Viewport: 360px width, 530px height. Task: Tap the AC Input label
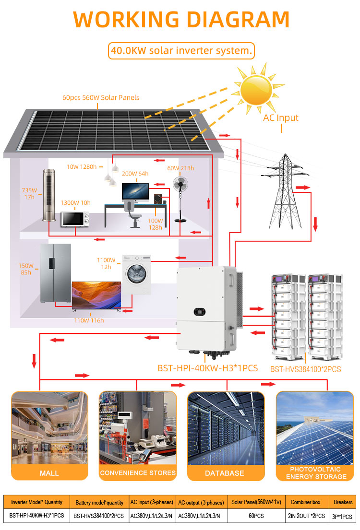pyautogui.click(x=280, y=118)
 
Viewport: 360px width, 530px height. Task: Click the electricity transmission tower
pyautogui.click(x=285, y=191)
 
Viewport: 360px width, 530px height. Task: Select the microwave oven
pyautogui.click(x=75, y=219)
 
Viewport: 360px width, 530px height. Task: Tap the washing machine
pyautogui.click(x=136, y=274)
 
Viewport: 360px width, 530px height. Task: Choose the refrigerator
pyautogui.click(x=56, y=273)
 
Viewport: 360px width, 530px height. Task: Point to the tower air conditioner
pyautogui.click(x=49, y=195)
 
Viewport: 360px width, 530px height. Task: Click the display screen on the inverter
pyautogui.click(x=200, y=311)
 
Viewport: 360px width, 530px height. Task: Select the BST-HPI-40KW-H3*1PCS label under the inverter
pyautogui.click(x=208, y=368)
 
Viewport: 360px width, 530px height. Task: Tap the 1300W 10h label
pyautogui.click(x=75, y=202)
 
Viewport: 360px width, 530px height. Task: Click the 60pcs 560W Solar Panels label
pyautogui.click(x=101, y=97)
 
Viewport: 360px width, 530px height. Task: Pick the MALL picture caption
pyautogui.click(x=49, y=473)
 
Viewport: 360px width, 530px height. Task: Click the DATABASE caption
pyautogui.click(x=224, y=473)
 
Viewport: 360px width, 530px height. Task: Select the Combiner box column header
pyautogui.click(x=306, y=502)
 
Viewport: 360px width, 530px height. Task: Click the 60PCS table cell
pyautogui.click(x=256, y=516)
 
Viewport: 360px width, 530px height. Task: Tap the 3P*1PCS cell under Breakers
pyautogui.click(x=342, y=517)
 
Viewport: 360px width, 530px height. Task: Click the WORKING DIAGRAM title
pyautogui.click(x=181, y=19)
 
